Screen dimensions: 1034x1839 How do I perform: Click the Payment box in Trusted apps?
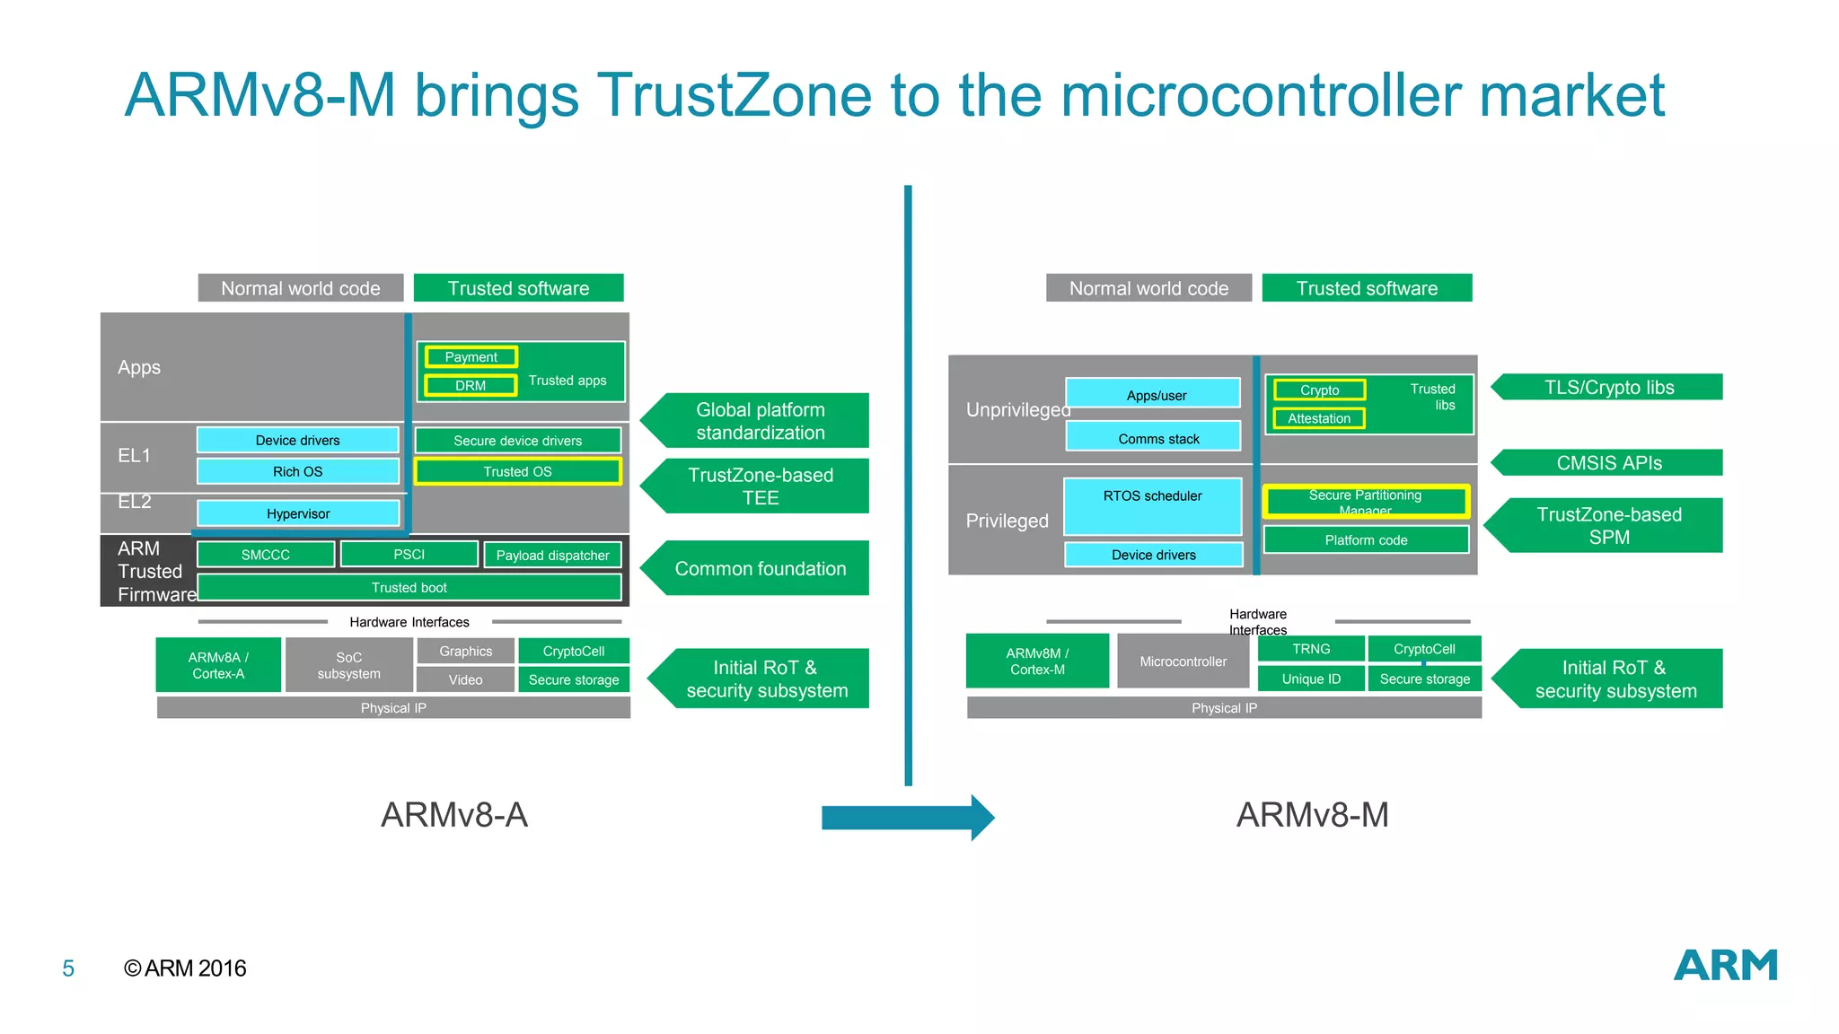(x=471, y=357)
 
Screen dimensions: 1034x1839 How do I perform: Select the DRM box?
(x=471, y=385)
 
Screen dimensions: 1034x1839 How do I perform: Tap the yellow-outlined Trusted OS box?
(x=517, y=471)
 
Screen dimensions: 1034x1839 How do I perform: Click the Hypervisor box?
(x=297, y=513)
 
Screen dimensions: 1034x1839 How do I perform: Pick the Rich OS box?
(x=297, y=471)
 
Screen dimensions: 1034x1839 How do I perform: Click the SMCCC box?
(x=265, y=555)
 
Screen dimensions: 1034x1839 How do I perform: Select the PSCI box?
(x=409, y=555)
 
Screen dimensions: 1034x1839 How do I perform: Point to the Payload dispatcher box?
(x=552, y=556)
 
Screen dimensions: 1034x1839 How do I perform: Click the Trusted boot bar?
(x=409, y=587)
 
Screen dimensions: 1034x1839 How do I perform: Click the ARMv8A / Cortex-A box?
(x=218, y=665)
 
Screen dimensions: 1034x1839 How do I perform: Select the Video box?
(x=465, y=679)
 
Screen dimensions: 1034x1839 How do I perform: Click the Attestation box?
(x=1318, y=418)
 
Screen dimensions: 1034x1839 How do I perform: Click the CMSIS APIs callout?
(x=1609, y=463)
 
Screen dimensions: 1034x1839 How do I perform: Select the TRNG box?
(x=1311, y=649)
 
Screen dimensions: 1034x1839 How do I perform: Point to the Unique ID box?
(x=1311, y=679)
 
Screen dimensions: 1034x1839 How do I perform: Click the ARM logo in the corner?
(x=1725, y=966)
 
